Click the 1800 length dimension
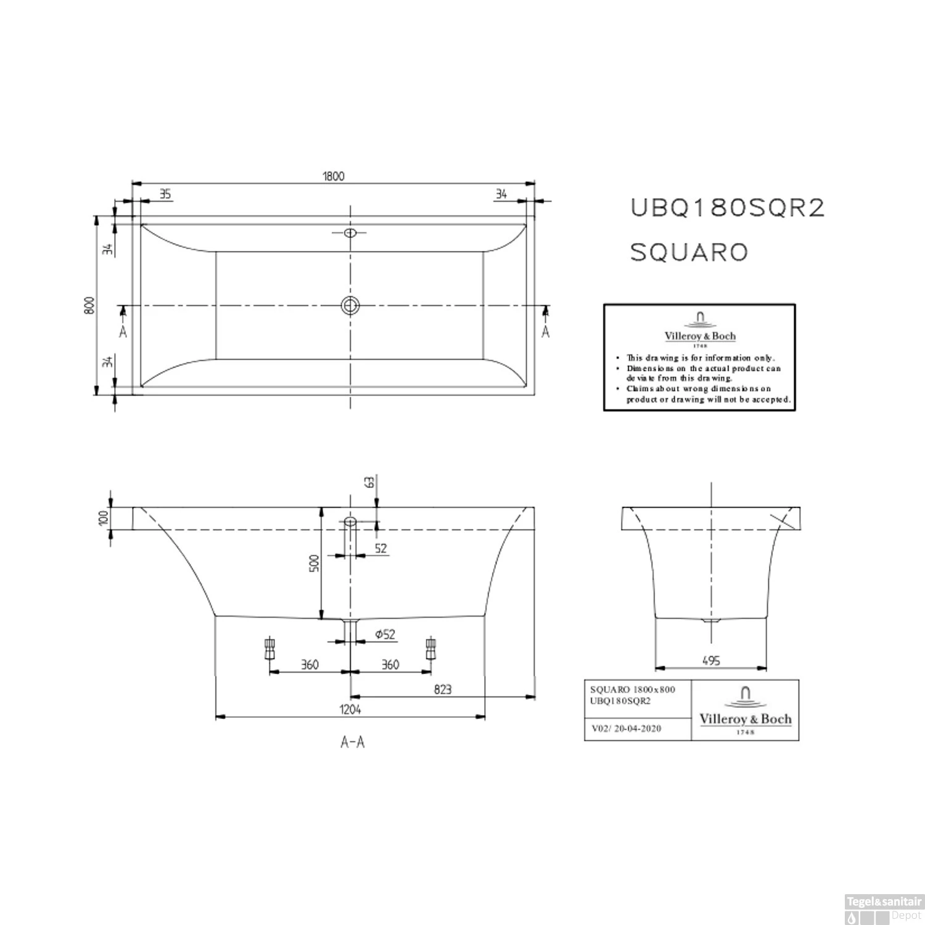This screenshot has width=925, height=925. coord(333,176)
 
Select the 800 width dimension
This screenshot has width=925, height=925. coord(89,305)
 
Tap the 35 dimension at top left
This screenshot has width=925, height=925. coord(165,194)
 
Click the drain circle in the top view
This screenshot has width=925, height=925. coord(350,305)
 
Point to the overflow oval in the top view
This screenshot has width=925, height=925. coord(350,232)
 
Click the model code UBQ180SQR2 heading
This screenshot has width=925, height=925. coord(727,208)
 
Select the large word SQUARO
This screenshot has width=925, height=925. coord(689,252)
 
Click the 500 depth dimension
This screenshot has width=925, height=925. coord(314,562)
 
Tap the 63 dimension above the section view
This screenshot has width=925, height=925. coord(369,482)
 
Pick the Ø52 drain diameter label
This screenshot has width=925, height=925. coord(385,635)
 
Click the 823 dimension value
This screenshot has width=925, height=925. coord(443,689)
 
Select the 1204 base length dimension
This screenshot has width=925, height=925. coord(350,710)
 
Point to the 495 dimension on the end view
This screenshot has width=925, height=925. coord(711,660)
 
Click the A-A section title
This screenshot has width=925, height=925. coord(353,742)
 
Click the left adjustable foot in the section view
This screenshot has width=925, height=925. coord(269,649)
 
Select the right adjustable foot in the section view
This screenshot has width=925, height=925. coord(430,649)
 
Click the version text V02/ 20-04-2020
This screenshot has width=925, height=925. coord(626,728)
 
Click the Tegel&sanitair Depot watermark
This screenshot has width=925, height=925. coord(884,909)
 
